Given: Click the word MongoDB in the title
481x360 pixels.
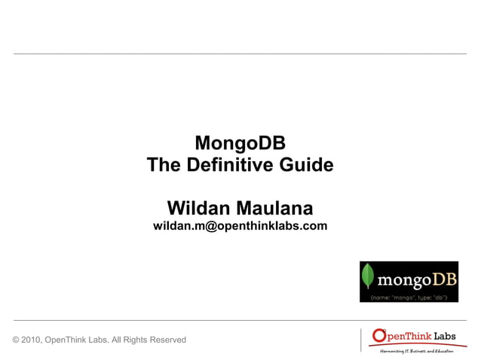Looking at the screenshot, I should point(240,142).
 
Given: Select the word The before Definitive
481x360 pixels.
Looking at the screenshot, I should point(163,164).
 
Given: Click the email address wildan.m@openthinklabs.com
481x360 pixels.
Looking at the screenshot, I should point(240,226).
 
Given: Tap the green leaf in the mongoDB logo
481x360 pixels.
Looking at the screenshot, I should point(369,277).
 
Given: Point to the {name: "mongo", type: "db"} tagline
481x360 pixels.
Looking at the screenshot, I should point(409,297).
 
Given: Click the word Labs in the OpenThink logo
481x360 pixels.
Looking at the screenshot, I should point(449,336).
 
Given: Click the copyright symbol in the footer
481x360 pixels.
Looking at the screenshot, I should point(17,340).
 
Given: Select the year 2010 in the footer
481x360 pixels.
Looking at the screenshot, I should point(32,340).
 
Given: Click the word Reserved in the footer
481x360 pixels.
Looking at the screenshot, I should point(167,340).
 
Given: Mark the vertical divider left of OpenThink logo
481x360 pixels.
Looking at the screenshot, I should point(361,340).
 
